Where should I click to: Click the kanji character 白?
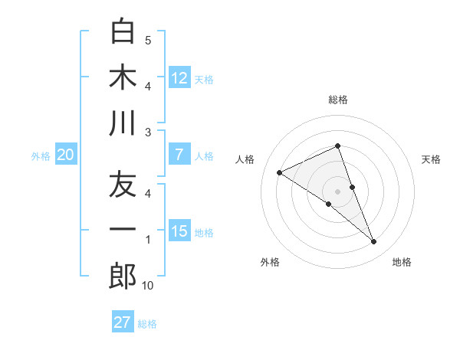[123, 31]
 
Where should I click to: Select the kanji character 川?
[123, 123]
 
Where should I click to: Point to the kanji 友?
[123, 185]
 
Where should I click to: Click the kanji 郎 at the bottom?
[123, 277]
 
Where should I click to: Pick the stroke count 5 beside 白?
[148, 40]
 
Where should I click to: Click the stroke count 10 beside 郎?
[148, 286]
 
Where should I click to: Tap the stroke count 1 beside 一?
[148, 241]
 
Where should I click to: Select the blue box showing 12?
[179, 77]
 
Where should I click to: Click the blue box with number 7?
[179, 155]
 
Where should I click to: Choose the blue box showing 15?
[179, 231]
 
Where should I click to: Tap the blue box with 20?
[66, 155]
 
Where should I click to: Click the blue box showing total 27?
[123, 322]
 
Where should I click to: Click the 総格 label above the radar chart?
[338, 100]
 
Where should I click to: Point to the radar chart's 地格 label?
[402, 262]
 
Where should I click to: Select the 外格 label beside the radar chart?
[270, 262]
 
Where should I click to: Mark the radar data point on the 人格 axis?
[279, 173]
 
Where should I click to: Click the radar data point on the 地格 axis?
[374, 242]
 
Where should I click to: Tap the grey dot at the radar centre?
[337, 191]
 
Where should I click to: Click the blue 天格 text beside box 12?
[204, 79]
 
